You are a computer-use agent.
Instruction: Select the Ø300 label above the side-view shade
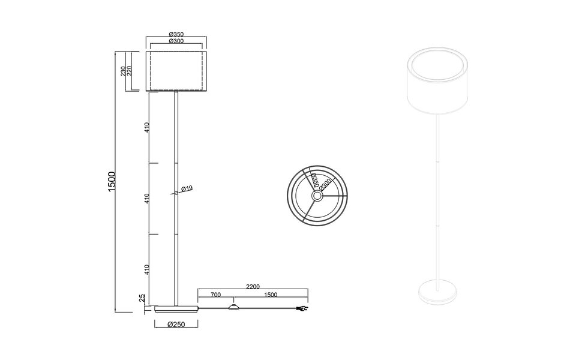[x=176, y=41]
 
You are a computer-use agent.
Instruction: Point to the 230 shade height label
[x=123, y=71]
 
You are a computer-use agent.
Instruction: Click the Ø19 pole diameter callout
[x=187, y=189]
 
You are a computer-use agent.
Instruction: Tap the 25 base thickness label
[x=142, y=298]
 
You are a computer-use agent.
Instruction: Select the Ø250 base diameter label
[x=176, y=325]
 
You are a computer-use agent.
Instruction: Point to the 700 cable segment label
[x=215, y=295]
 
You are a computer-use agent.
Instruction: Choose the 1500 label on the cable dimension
[x=270, y=295]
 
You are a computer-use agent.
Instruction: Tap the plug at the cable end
[x=303, y=310]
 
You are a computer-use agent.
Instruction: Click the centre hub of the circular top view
[x=317, y=194]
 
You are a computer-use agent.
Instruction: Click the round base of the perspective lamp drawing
[x=437, y=292]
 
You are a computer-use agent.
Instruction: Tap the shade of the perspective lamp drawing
[x=436, y=84]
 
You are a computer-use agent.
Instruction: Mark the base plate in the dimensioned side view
[x=176, y=310]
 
